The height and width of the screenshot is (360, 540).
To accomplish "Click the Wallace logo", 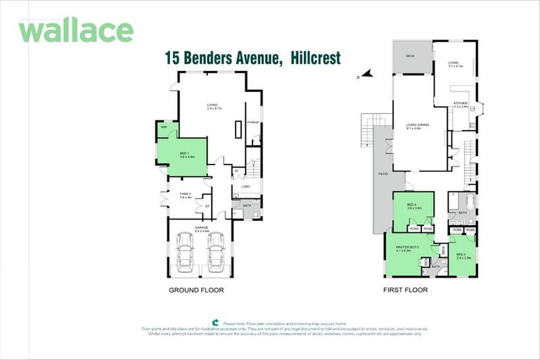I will [x=76, y=30].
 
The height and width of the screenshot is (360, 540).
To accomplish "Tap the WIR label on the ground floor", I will [x=163, y=127].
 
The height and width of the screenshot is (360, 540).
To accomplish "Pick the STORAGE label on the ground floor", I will [x=253, y=122].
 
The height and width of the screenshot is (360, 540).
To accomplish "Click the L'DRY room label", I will [x=245, y=186].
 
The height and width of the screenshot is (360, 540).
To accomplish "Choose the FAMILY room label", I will [x=186, y=195].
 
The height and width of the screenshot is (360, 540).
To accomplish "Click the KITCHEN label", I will [x=460, y=105].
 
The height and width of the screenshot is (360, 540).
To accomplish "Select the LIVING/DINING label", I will [x=418, y=127].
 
